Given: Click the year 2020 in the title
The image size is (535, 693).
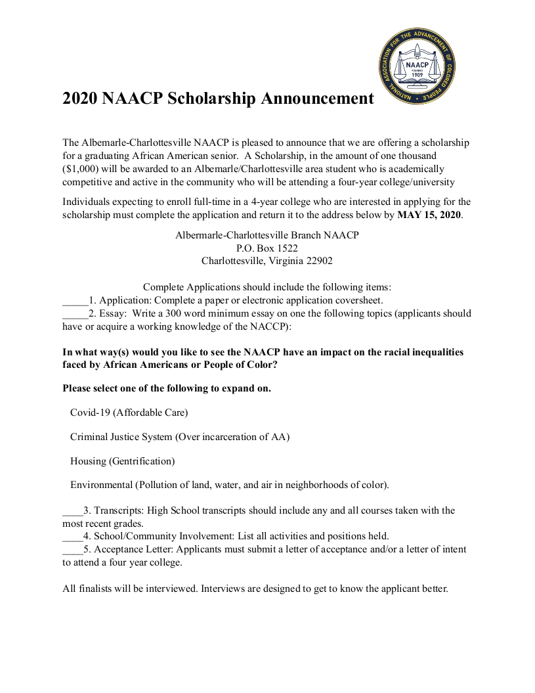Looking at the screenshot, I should (79, 99).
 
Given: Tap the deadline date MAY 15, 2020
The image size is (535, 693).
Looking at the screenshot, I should (429, 215).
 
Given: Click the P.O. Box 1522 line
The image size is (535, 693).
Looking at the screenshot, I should (267, 248).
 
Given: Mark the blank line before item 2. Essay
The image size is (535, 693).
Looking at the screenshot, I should (75, 313).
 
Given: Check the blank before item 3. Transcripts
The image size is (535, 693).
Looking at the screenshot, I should (72, 510).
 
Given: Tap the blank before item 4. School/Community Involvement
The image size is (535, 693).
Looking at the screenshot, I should (72, 535).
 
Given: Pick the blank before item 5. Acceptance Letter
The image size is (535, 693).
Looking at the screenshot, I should (72, 549).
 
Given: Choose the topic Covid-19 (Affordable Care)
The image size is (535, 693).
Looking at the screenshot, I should (129, 413).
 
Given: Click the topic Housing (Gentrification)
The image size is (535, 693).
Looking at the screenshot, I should (122, 461).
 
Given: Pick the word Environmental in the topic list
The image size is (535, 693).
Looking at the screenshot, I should (101, 485).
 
